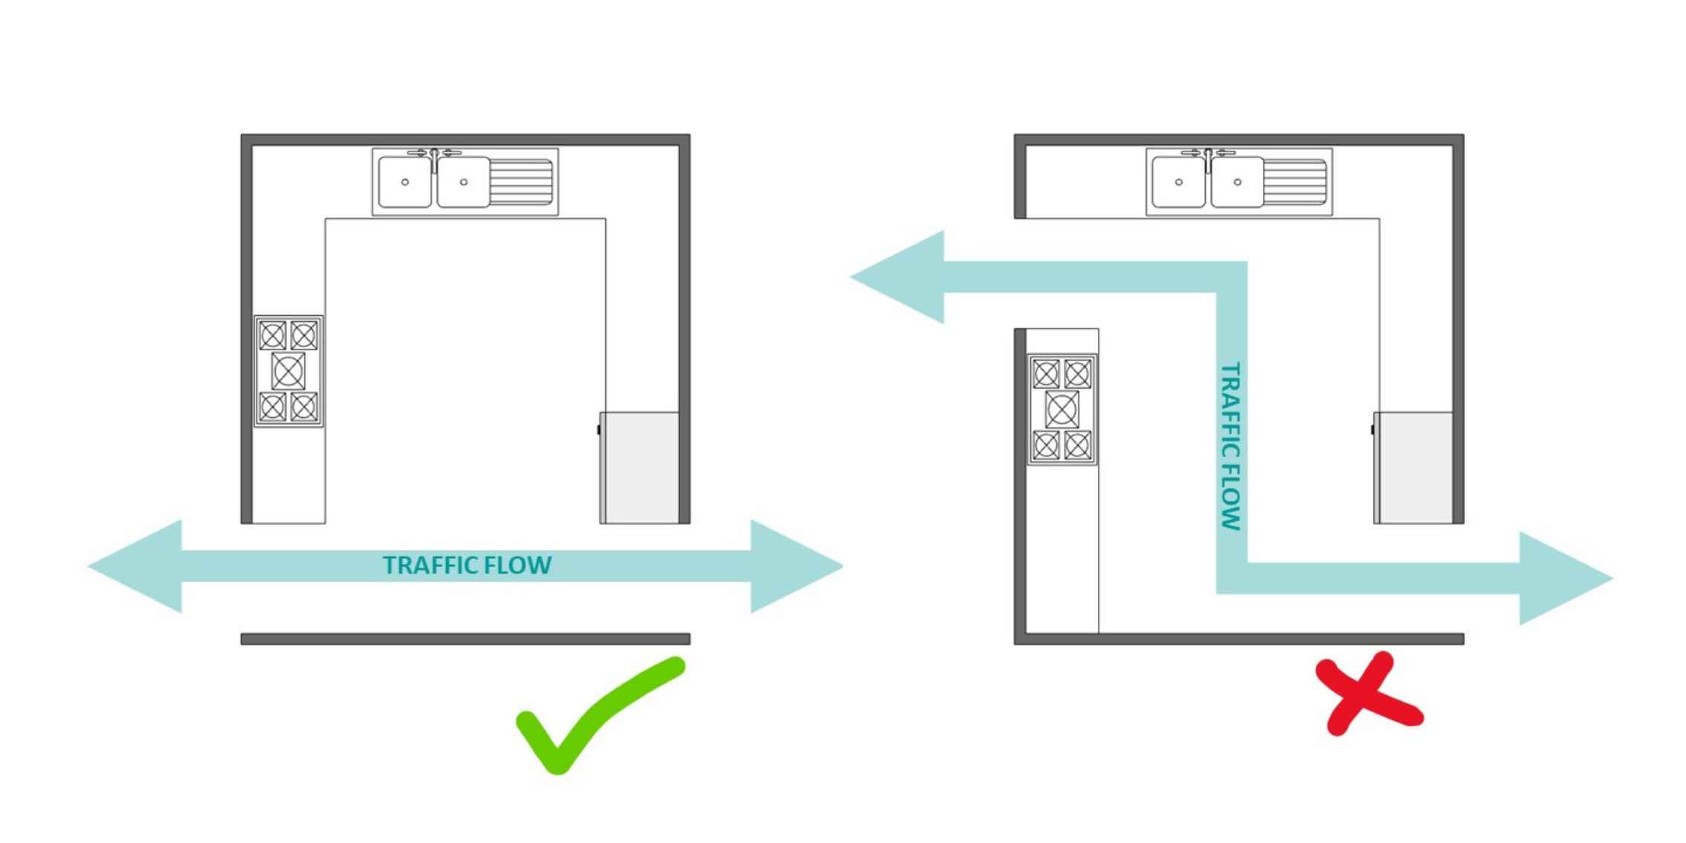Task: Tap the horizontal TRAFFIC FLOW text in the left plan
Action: [x=467, y=566]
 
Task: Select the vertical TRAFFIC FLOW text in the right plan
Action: [x=1231, y=446]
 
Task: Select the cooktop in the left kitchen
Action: [x=288, y=371]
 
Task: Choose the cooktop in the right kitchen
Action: [x=1062, y=410]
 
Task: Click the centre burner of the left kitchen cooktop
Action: [x=288, y=371]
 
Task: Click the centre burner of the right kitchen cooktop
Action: [x=1062, y=410]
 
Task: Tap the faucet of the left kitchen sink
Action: [x=435, y=158]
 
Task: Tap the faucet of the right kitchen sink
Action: [x=1209, y=158]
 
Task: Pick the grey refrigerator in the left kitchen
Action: [x=639, y=468]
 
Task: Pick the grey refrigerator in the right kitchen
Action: [x=1413, y=468]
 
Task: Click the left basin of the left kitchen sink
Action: [x=404, y=182]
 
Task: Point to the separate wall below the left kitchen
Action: [x=465, y=639]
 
